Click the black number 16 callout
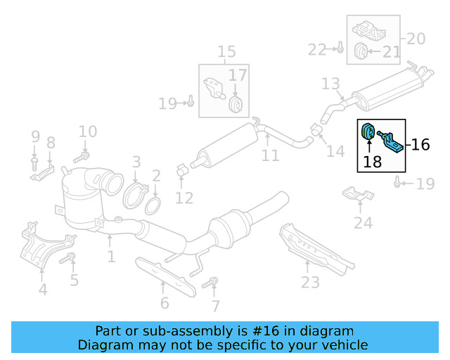click(420, 146)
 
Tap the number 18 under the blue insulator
click(373, 162)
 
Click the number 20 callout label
click(416, 39)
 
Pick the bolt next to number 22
click(338, 49)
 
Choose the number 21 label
click(392, 51)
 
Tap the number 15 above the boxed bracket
click(226, 51)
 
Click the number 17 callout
click(238, 75)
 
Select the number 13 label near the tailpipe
click(330, 84)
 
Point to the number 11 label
click(271, 155)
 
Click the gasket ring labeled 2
click(153, 206)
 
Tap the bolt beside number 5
click(67, 259)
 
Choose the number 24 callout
click(363, 224)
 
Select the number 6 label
click(165, 304)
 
